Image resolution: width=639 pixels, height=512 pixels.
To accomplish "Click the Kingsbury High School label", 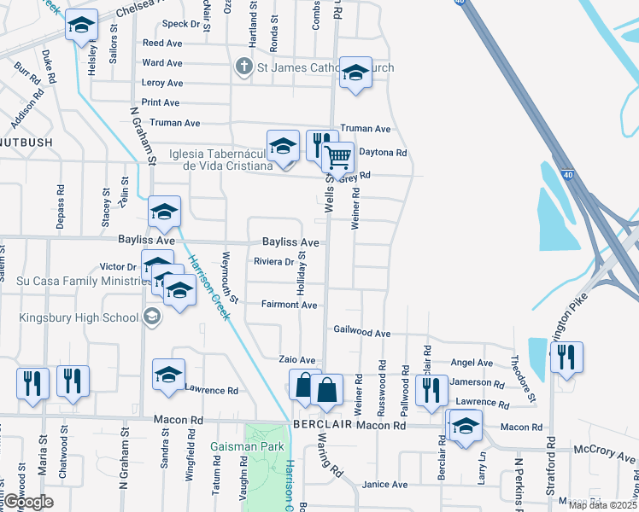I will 81,318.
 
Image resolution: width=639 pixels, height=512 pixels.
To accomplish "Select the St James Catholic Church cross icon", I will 243,67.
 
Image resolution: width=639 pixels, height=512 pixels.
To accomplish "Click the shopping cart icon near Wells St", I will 338,157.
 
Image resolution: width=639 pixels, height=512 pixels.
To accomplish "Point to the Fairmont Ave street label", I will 289,305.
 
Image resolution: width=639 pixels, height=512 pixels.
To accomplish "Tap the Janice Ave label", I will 384,485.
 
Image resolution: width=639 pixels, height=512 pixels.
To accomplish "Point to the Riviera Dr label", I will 273,262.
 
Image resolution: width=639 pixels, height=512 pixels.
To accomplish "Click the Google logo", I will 28,502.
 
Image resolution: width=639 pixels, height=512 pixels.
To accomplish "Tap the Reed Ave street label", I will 162,43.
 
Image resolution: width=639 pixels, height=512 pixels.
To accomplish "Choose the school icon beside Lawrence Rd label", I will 168,375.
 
